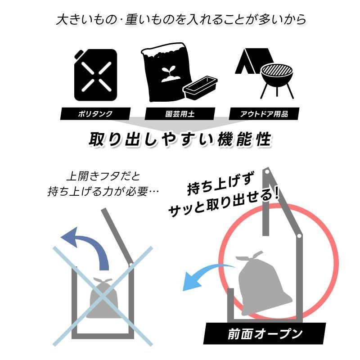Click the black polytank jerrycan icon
(x=95, y=75)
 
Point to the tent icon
(x=252, y=61)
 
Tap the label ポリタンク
(x=95, y=114)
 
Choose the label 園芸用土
(x=180, y=114)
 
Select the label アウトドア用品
(x=264, y=114)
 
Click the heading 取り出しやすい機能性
(x=180, y=139)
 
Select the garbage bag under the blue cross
(x=103, y=298)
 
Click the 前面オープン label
(x=265, y=333)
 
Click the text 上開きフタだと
(x=103, y=176)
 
